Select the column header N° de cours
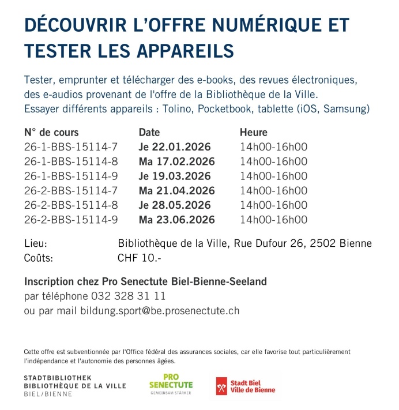(x=51, y=133)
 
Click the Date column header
(x=149, y=133)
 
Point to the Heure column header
(x=254, y=133)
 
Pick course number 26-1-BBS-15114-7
(x=71, y=147)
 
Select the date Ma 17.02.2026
(x=176, y=161)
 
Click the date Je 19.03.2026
(x=175, y=176)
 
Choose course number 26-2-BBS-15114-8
(x=71, y=205)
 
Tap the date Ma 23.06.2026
(x=176, y=220)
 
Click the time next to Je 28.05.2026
(x=274, y=205)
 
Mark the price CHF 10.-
(x=140, y=258)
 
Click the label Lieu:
(x=36, y=243)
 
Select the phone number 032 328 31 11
(x=128, y=296)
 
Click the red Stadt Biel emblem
(x=221, y=386)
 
